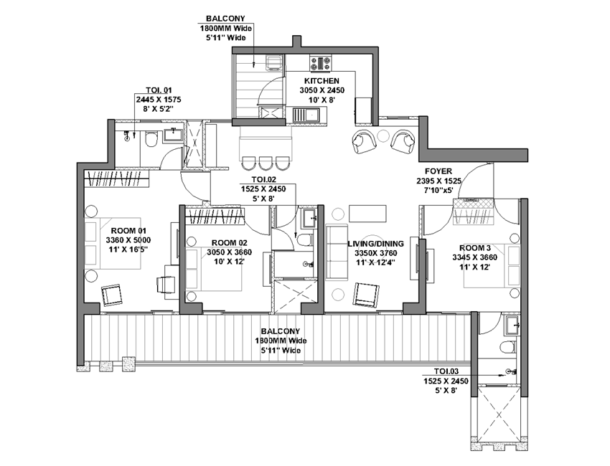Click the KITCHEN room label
[x=322, y=81]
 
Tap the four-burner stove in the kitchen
[x=321, y=63]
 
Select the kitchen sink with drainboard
[x=306, y=115]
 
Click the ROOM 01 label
[x=128, y=230]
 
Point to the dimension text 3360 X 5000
[x=128, y=239]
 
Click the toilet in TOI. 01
[x=151, y=140]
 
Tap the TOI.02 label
[x=264, y=179]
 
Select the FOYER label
[x=438, y=171]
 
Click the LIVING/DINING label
[x=376, y=244]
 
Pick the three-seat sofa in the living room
[x=337, y=252]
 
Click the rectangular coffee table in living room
[x=367, y=213]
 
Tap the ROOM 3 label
[x=475, y=248]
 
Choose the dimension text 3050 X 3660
[x=229, y=252]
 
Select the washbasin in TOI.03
[x=512, y=325]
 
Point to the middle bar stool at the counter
[x=266, y=163]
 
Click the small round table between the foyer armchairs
[x=383, y=135]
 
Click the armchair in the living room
[x=366, y=295]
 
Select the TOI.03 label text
[x=446, y=371]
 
